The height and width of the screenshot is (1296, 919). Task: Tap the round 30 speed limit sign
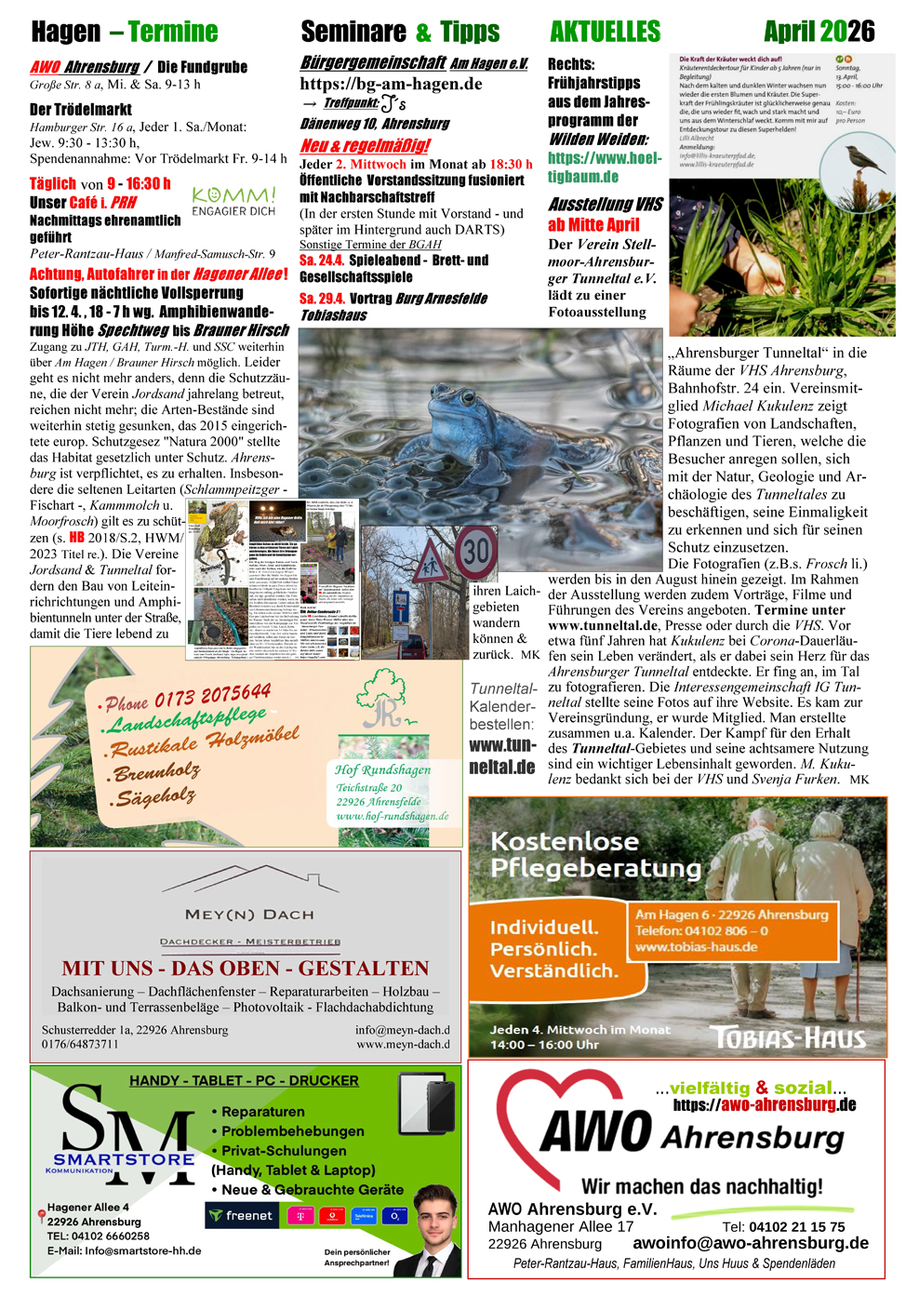476,553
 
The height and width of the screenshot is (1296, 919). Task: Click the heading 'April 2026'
819,32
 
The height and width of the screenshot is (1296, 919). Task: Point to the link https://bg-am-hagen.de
391,84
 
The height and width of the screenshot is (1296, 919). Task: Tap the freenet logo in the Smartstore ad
242,1215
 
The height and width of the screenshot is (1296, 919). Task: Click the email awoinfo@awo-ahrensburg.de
751,1243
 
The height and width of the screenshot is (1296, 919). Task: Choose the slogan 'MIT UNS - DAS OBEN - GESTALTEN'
246,968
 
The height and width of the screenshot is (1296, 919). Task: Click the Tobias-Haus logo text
788,1037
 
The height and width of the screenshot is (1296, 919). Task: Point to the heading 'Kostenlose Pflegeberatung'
595,854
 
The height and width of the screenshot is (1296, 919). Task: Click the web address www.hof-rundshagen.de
392,816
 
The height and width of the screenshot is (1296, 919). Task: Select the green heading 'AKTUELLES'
605,32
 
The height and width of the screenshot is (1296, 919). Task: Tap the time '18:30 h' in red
511,164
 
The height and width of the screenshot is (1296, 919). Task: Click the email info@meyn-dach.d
402,1030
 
